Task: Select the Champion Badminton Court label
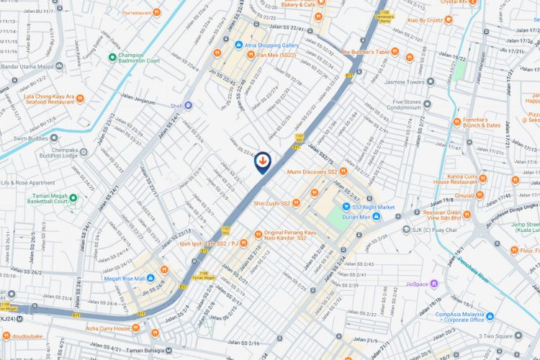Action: (x=138, y=58)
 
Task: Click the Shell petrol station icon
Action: (x=188, y=105)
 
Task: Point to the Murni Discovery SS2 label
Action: (x=312, y=171)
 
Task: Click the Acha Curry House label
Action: (x=108, y=328)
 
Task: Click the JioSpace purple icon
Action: (x=433, y=284)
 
